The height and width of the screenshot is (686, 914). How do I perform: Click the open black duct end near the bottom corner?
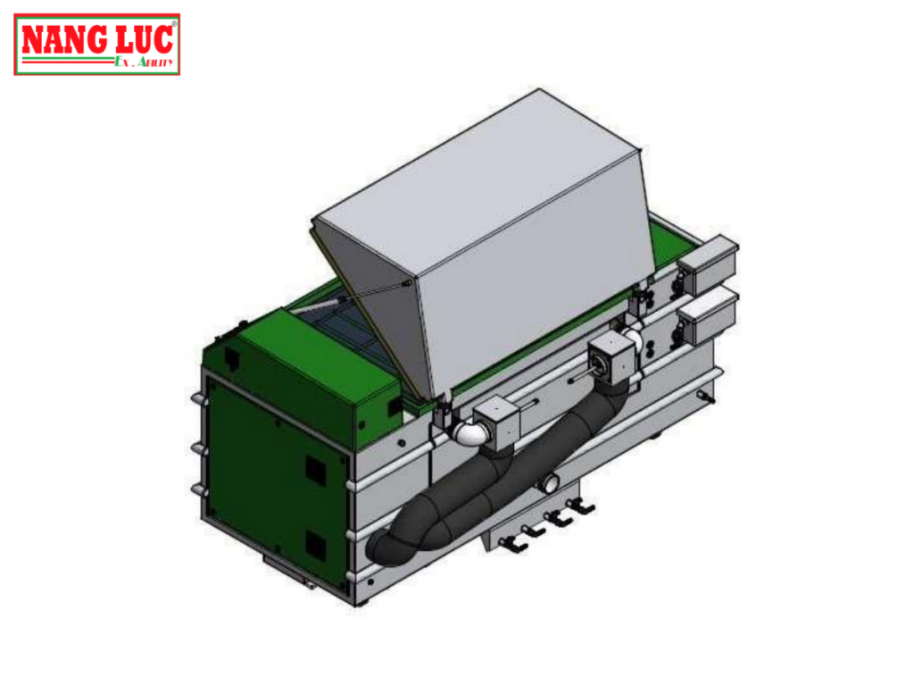click(x=384, y=547)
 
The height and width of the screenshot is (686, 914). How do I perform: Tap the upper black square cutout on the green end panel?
click(x=314, y=467)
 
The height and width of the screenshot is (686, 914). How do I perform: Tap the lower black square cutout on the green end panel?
click(x=314, y=542)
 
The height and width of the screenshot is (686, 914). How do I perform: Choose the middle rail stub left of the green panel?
click(x=196, y=446)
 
